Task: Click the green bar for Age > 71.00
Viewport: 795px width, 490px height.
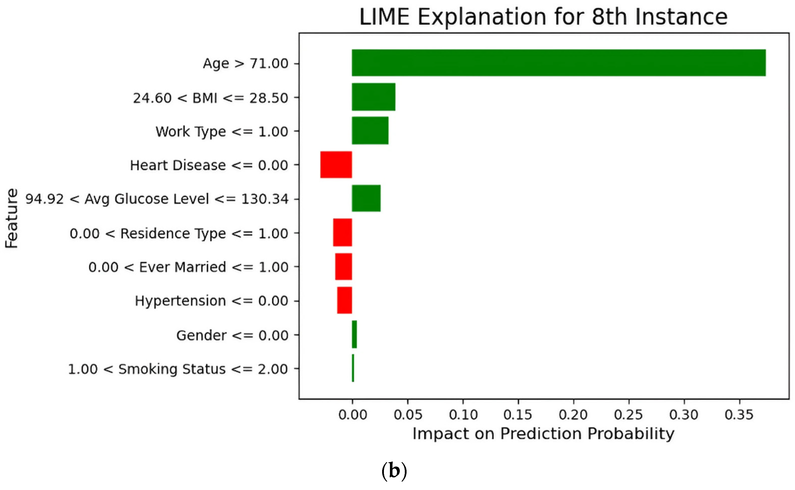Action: (x=559, y=63)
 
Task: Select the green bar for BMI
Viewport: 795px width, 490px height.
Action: (x=373, y=97)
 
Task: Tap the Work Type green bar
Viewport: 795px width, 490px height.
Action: (x=370, y=130)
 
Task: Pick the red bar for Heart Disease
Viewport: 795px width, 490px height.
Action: (x=336, y=165)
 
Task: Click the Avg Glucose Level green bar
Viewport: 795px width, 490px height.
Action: (x=366, y=198)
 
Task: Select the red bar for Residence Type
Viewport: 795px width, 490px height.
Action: (x=342, y=233)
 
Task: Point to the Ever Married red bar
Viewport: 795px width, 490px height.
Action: (x=343, y=266)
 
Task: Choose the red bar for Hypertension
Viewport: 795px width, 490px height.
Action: (x=344, y=300)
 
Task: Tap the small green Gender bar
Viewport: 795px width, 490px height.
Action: (x=354, y=334)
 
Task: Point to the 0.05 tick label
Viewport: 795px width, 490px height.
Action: (x=408, y=415)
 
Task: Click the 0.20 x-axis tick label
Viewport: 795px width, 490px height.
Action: (x=573, y=415)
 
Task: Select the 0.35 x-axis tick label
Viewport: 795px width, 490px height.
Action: (x=739, y=415)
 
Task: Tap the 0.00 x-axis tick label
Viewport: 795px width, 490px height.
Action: (x=352, y=415)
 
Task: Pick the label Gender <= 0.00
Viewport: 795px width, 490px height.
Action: (x=232, y=335)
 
